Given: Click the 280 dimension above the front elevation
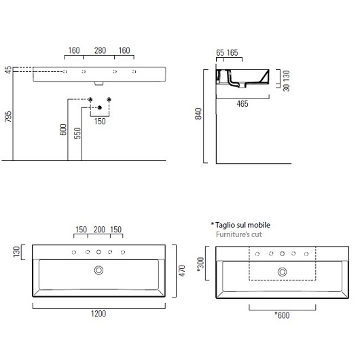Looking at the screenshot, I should (x=101, y=50).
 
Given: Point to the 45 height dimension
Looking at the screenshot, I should (x=8, y=70).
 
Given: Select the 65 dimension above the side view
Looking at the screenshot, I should (x=219, y=52).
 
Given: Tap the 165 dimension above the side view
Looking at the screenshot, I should (x=232, y=52).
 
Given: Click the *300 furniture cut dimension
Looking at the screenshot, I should (x=201, y=264).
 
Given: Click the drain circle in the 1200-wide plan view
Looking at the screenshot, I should (x=100, y=270).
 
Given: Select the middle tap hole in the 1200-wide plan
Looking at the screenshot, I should (x=99, y=252).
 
